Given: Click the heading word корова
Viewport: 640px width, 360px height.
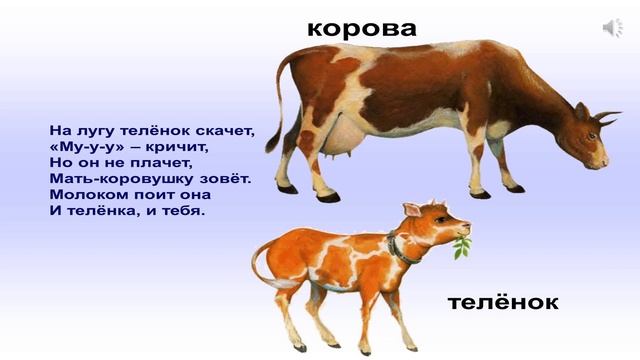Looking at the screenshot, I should click(361, 28).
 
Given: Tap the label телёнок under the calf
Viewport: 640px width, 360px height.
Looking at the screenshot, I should click(503, 301).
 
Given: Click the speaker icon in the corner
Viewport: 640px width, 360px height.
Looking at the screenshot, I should click(612, 28).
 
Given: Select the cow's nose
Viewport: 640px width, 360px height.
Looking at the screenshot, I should click(602, 160).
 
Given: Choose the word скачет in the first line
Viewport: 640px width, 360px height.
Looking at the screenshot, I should click(224, 130).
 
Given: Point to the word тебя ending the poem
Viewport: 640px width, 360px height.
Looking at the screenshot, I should click(180, 210).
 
